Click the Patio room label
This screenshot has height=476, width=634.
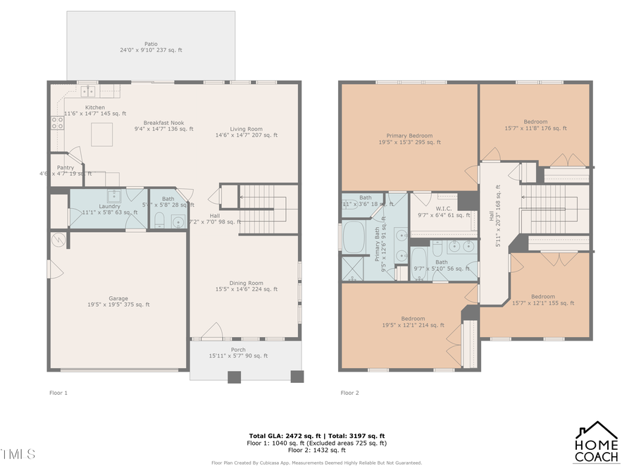tap(151, 47)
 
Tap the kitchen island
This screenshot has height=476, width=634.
tap(101, 134)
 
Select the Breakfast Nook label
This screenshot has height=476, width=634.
tap(158, 126)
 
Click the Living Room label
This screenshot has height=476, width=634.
tap(246, 132)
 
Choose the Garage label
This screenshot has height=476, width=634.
tap(118, 301)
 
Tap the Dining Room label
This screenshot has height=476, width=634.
tap(246, 286)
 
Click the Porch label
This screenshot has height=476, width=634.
tap(238, 353)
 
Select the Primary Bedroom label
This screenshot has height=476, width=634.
tap(409, 138)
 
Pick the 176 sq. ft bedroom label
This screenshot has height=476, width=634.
tap(535, 125)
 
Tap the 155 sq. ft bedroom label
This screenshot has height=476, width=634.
tap(542, 300)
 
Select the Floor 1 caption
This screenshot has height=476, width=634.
tap(58, 393)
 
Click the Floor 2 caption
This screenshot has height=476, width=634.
tap(349, 393)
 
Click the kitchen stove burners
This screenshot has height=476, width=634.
tap(57, 124)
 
